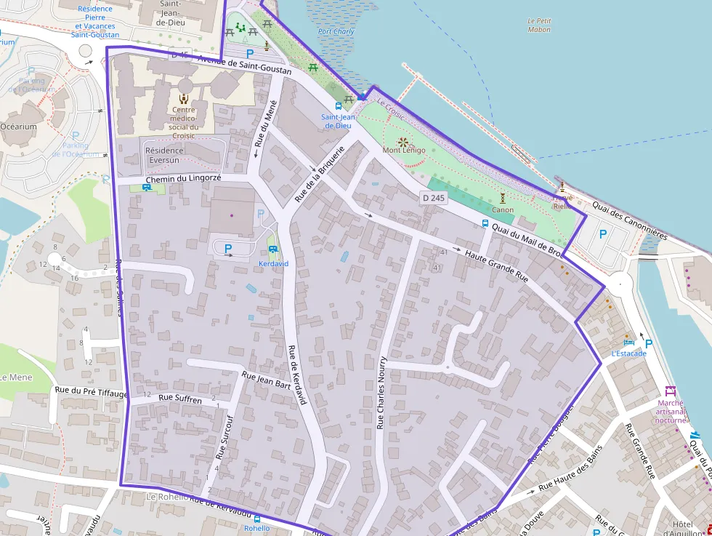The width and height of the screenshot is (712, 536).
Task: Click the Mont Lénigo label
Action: (404, 151)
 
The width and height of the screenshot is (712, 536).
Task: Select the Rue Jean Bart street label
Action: (266, 381)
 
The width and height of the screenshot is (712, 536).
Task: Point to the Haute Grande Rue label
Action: (496, 266)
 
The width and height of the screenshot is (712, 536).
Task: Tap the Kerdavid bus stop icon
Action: (273, 249)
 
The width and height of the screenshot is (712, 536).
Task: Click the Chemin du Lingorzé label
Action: (182, 178)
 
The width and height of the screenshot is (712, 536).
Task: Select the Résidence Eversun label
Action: (166, 155)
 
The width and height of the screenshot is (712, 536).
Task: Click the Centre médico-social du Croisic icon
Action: (183, 98)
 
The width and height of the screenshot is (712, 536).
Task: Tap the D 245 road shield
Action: (432, 197)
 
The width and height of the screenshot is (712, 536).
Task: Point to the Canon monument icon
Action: (503, 199)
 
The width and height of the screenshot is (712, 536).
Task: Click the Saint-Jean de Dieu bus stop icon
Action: (339, 105)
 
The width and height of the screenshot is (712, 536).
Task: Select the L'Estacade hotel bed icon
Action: (628, 343)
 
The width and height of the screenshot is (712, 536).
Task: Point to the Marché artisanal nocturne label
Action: (670, 411)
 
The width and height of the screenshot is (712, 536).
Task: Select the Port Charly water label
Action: (336, 32)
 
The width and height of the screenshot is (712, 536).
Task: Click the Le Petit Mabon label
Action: (539, 25)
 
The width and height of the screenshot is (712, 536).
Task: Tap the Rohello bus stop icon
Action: (256, 519)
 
